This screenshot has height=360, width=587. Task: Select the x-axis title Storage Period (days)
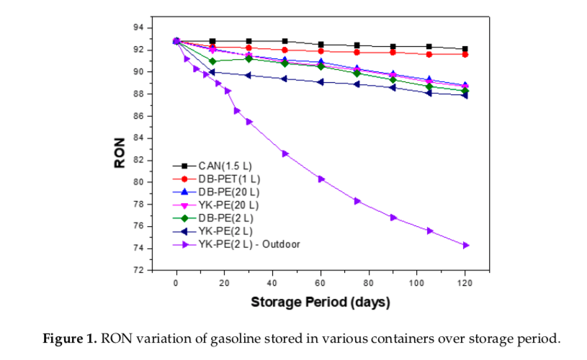pos(320,302)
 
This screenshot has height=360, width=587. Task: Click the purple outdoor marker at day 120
pos(465,245)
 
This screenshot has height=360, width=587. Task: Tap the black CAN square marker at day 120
pos(465,49)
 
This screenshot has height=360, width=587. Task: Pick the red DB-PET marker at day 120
pos(465,54)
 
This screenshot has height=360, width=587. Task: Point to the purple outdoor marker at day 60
pos(321,179)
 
